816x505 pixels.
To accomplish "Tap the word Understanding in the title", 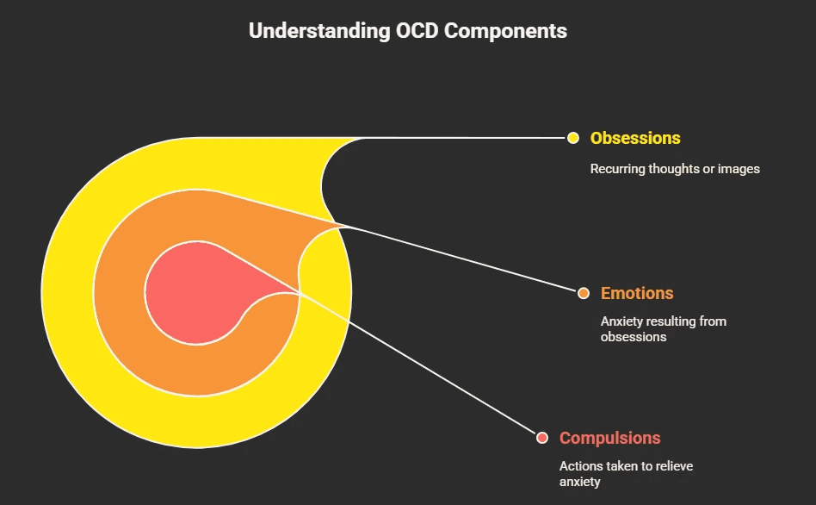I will point(318,31).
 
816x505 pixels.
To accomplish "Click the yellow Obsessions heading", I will point(635,138).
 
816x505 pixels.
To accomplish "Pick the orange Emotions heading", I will point(637,293).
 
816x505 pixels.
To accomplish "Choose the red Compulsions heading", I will point(609,438).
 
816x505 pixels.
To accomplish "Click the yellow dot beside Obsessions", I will point(573,138).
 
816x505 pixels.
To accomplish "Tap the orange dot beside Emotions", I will point(584,293).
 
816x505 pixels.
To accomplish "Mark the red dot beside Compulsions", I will point(542,438).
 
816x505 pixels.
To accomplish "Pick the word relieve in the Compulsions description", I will point(671,466).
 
